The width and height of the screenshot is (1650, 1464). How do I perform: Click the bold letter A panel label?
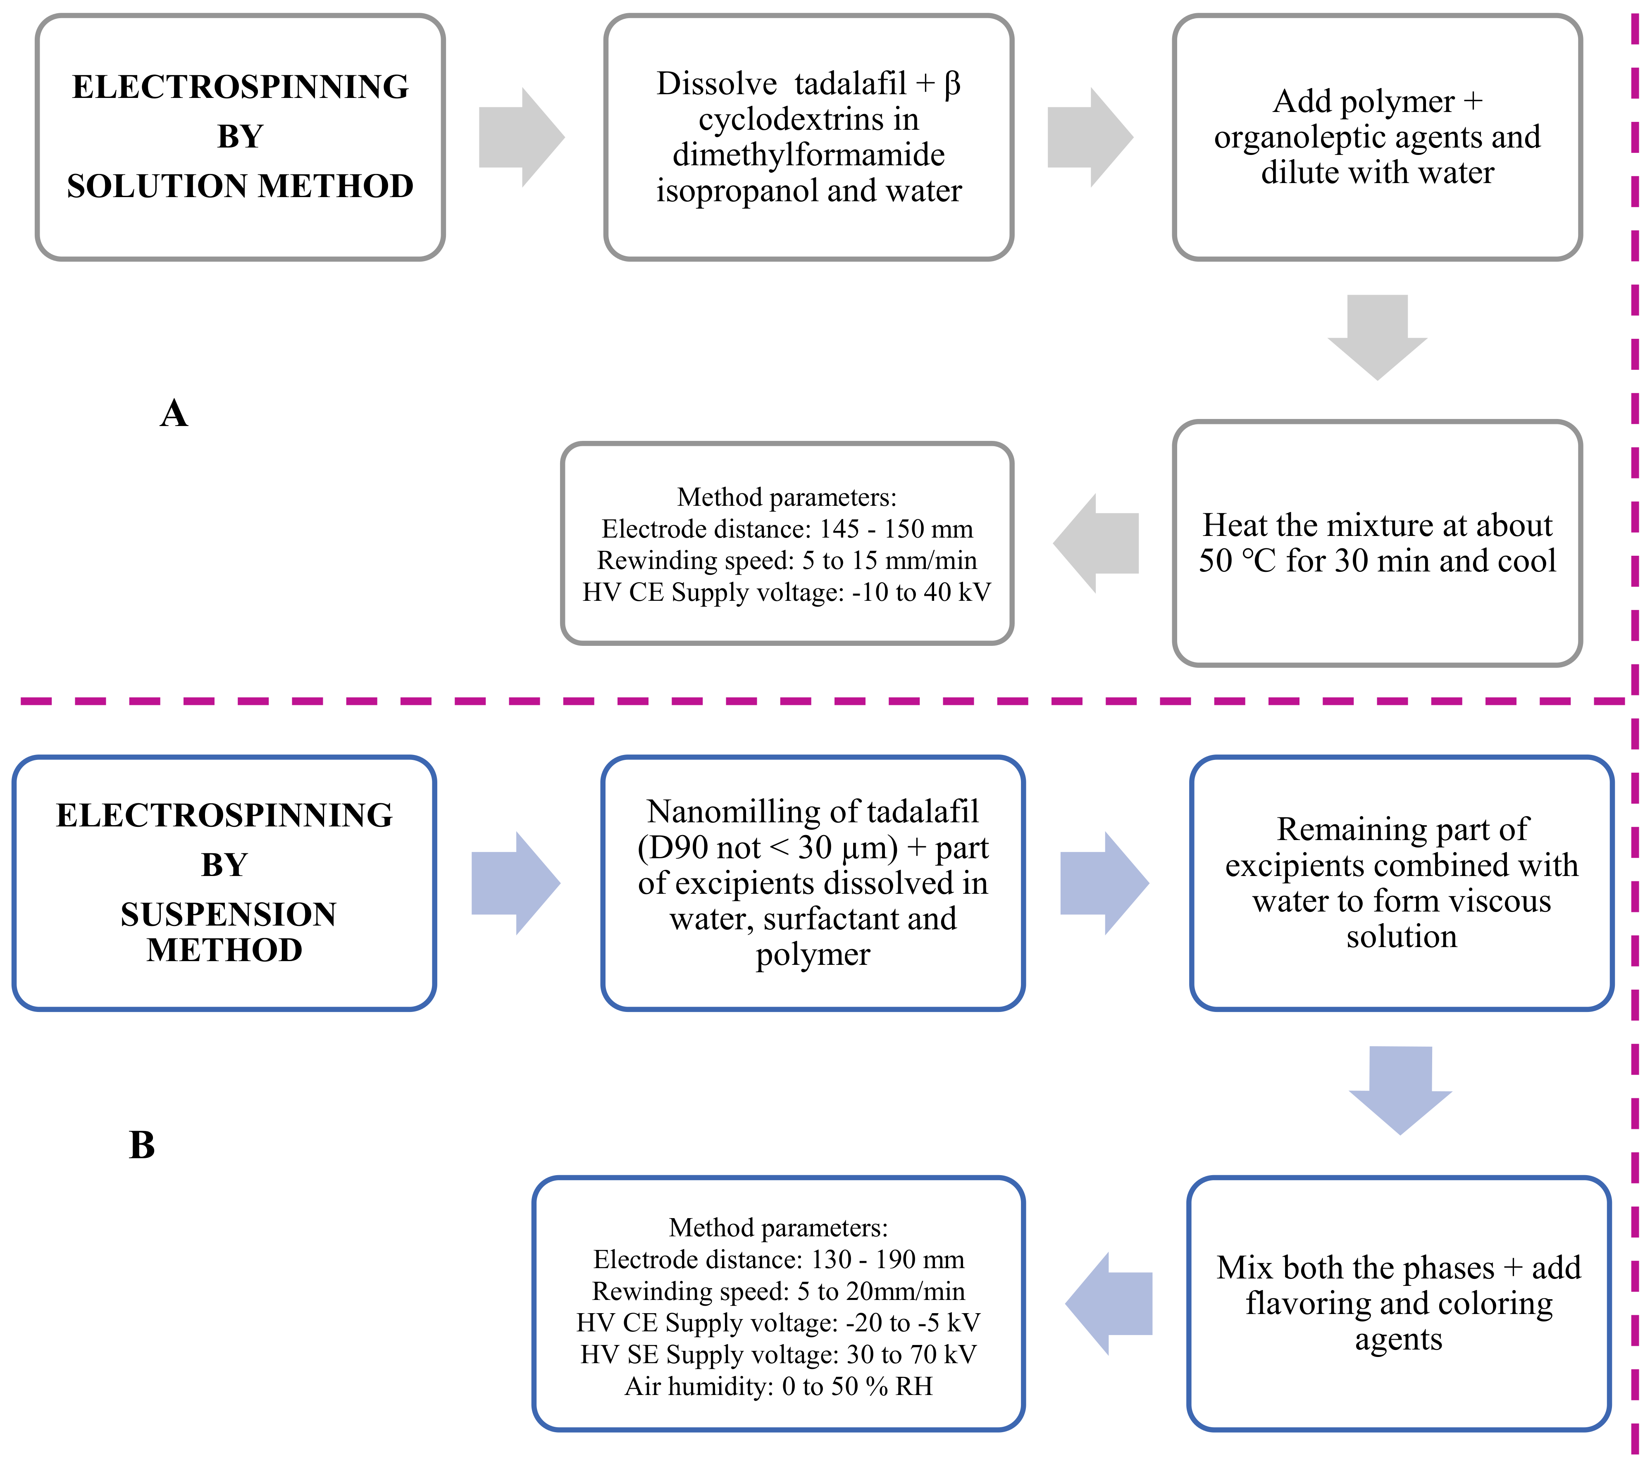pyautogui.click(x=174, y=413)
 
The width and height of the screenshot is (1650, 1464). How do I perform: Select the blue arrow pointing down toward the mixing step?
pyautogui.click(x=1401, y=1089)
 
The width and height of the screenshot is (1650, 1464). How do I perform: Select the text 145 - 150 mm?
pyautogui.click(x=896, y=529)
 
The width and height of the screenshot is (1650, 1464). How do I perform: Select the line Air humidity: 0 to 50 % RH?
pyautogui.click(x=778, y=1386)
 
